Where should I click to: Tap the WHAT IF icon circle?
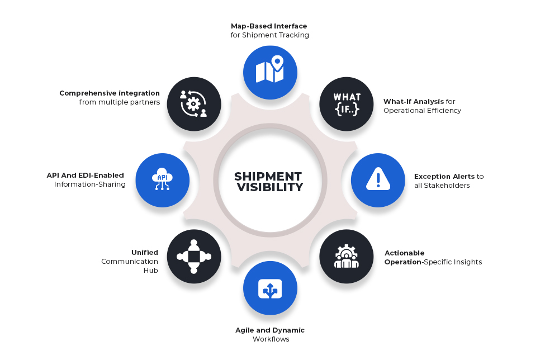(x=347, y=104)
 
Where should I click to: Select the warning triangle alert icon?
(x=378, y=180)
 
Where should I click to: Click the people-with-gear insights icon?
(x=347, y=256)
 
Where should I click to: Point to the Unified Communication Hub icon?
(x=194, y=256)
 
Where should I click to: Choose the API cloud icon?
(x=162, y=180)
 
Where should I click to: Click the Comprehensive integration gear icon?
(x=194, y=104)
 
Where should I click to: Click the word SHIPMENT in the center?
(x=268, y=176)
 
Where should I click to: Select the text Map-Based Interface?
(x=269, y=26)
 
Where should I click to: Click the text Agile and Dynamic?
(x=270, y=330)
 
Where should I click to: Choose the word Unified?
(x=145, y=252)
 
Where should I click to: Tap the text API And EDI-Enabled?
(x=86, y=176)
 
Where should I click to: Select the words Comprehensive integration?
(x=110, y=93)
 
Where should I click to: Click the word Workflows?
(x=271, y=339)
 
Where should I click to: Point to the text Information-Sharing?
(x=90, y=184)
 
